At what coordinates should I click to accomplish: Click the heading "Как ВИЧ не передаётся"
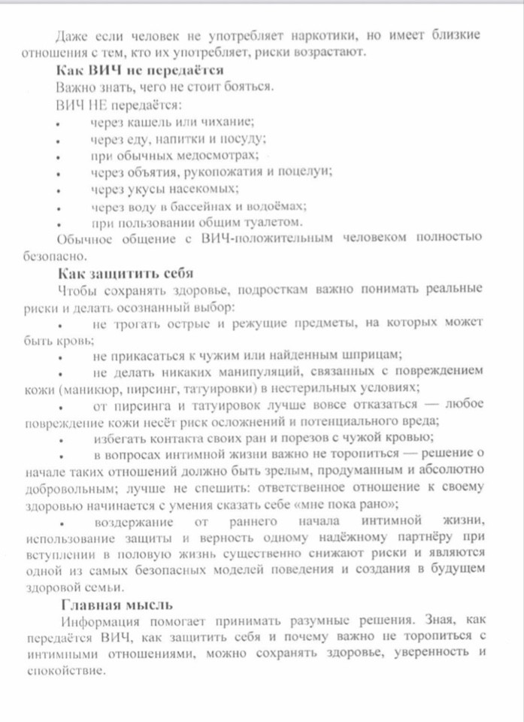(x=141, y=70)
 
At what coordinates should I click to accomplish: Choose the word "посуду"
(x=242, y=138)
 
